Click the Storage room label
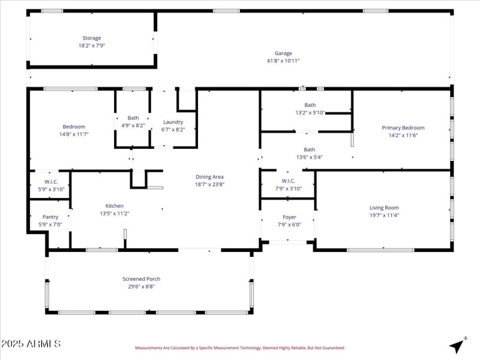pos(92,38)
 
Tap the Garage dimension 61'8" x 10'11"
pos(283,61)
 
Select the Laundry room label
pos(173,122)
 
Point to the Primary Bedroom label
pos(403,128)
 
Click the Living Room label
pos(384,208)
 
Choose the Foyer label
pos(289,217)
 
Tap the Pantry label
pos(50,217)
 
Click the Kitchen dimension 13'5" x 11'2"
pos(115,213)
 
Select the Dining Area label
pos(209,177)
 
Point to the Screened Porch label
pos(141,279)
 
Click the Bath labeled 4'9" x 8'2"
pos(133,118)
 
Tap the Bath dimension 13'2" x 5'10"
pos(310,113)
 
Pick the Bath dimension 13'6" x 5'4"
pos(309,157)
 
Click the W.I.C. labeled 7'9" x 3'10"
pos(288,181)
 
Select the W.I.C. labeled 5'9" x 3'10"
pos(50,182)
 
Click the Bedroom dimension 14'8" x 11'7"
pos(74,134)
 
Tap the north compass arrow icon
pos(458,345)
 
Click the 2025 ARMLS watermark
pos(31,344)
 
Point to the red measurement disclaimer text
pos(239,347)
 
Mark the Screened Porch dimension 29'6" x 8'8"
pos(141,286)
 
